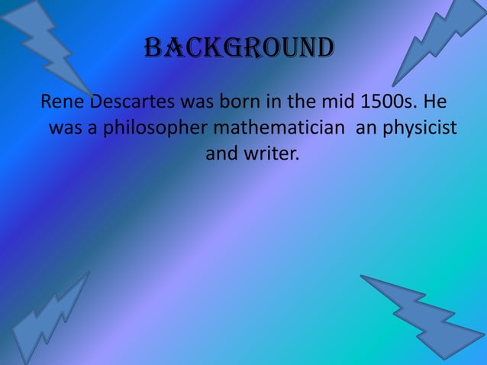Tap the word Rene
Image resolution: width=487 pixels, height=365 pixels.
coord(62,102)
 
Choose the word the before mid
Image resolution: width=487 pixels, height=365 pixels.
coord(292,102)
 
